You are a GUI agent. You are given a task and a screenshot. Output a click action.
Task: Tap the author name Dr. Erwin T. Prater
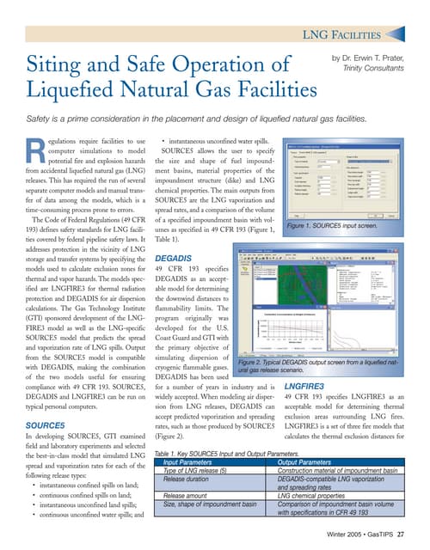point(375,58)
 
